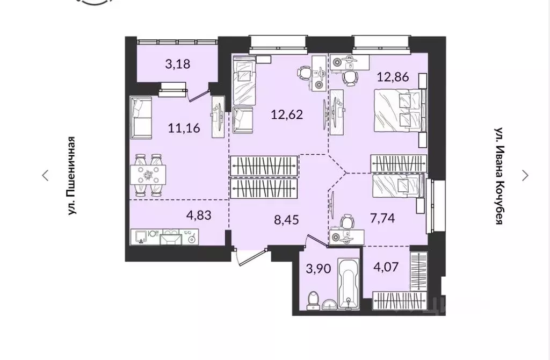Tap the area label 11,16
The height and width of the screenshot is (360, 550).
tap(180, 127)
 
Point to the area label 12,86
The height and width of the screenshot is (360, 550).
tap(393, 77)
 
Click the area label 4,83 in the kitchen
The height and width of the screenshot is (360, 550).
tap(198, 215)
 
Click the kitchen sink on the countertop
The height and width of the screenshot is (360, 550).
tap(140, 236)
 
